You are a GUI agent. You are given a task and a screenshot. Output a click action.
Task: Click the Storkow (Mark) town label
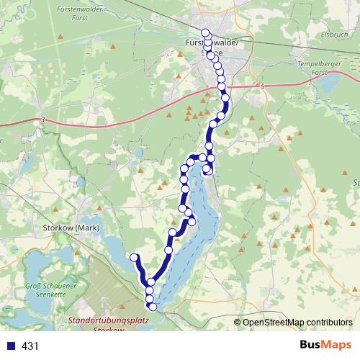point(70,228)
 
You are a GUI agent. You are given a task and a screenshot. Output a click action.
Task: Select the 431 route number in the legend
point(31,346)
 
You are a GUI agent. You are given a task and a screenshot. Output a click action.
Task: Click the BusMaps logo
point(325,346)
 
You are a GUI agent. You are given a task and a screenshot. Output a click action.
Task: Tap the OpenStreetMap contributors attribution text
point(297,322)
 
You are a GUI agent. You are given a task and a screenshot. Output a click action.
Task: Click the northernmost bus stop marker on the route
point(206,32)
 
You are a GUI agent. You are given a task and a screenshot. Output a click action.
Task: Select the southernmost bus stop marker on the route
point(152,307)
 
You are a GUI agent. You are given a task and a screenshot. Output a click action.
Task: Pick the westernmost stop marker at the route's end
point(134,257)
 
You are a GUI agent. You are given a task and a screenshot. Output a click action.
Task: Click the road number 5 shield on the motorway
point(264,86)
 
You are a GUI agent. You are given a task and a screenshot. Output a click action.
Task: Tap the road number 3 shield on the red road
point(43,119)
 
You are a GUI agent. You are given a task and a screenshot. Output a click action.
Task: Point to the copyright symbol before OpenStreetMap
point(238,322)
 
